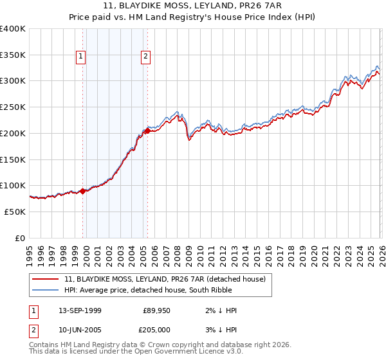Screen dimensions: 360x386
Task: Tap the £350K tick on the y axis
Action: (13, 55)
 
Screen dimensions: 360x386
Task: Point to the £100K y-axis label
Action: (13, 185)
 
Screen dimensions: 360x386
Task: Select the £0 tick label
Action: (20, 238)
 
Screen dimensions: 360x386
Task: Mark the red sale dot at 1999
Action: (83, 190)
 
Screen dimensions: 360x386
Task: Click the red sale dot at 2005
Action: (147, 131)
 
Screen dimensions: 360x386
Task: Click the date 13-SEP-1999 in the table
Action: (80, 310)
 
